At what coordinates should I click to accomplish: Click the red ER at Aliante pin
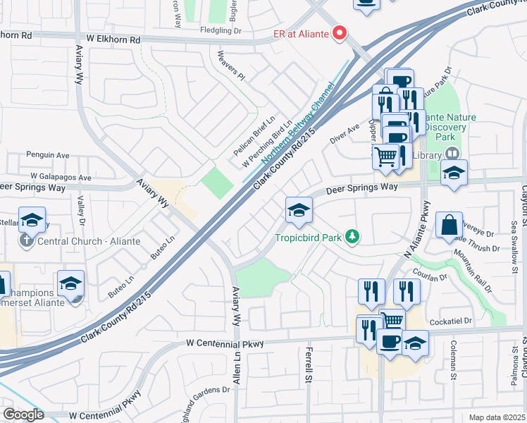340,33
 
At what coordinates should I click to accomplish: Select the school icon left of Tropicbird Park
299,210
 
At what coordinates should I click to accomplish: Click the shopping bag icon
449,226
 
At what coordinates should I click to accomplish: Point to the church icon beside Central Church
25,241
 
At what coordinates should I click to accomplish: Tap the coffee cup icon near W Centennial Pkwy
390,342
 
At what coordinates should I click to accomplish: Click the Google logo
23,415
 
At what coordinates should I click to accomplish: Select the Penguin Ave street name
48,154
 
